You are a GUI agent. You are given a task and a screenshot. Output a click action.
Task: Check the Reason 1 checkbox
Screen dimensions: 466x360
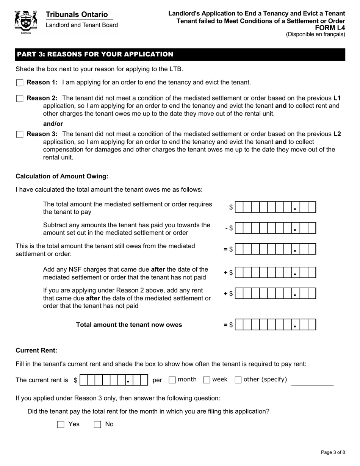click(x=20, y=83)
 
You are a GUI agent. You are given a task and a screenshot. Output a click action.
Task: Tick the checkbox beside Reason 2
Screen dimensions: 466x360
click(x=20, y=99)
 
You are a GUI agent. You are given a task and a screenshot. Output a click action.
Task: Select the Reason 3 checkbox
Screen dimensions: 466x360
click(x=20, y=134)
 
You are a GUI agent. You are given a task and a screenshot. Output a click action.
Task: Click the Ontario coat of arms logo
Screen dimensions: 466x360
click(x=26, y=22)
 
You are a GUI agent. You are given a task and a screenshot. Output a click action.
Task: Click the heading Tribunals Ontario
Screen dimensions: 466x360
click(x=77, y=14)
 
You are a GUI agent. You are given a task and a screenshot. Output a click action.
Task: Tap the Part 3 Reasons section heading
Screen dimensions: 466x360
click(x=95, y=54)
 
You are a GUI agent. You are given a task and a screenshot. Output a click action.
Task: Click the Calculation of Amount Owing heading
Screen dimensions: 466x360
click(x=62, y=176)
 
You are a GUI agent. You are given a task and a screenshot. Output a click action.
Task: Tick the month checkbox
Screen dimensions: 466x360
click(x=172, y=380)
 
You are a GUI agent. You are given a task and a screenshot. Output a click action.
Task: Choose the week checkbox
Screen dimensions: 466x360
click(x=207, y=380)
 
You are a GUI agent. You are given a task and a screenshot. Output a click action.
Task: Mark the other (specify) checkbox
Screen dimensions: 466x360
click(x=238, y=380)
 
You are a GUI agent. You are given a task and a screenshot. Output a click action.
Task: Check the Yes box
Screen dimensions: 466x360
click(x=61, y=425)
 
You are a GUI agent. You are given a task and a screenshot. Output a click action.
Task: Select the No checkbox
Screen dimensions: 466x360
click(x=97, y=425)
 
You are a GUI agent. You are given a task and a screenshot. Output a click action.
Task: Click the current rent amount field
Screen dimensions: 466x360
click(x=114, y=380)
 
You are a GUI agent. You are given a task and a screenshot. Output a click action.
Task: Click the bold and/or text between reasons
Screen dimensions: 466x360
click(x=53, y=124)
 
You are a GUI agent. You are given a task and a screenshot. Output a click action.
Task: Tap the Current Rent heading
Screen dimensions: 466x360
click(x=36, y=350)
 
